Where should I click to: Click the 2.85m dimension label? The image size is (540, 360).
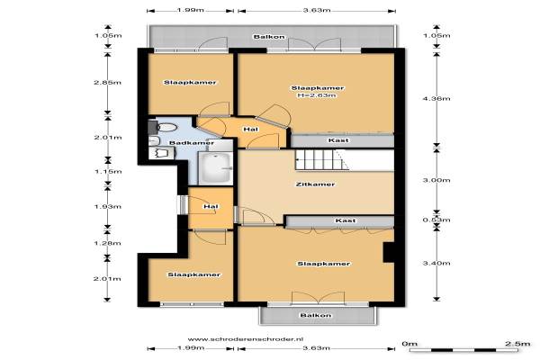[107, 82]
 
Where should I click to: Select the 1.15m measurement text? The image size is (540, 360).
[108, 172]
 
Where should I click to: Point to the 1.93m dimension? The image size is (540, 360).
[108, 207]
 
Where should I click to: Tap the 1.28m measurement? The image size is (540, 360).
[107, 243]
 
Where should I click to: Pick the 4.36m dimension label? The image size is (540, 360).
[436, 99]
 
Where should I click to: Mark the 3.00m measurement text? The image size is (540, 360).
[436, 180]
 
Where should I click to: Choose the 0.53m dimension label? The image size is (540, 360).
[436, 220]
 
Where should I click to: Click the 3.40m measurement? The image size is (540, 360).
[436, 263]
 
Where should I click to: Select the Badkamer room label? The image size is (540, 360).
[192, 142]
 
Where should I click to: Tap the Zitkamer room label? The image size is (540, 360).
[316, 184]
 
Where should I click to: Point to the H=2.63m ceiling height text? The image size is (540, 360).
[317, 95]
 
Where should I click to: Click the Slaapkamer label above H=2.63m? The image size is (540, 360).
[318, 88]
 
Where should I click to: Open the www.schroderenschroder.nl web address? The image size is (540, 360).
[245, 339]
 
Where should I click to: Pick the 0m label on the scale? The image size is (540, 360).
[409, 344]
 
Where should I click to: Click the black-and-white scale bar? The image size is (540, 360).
[463, 350]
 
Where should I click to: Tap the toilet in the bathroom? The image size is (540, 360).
[163, 128]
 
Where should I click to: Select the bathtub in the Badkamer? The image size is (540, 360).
[215, 167]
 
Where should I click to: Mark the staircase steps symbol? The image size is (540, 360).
[321, 160]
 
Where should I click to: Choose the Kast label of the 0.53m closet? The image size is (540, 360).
[346, 220]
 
